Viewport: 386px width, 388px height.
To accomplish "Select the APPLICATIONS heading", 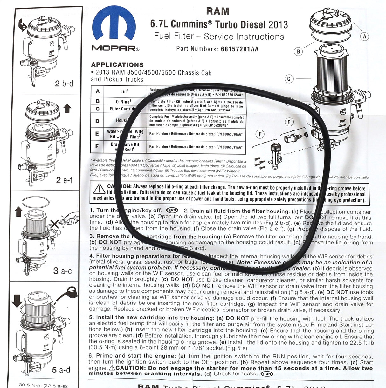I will click(117, 64).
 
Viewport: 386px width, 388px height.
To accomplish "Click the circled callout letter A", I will click(365, 37).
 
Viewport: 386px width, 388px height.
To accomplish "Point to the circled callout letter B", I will click(298, 51).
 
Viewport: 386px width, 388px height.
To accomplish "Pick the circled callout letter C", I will click(289, 79).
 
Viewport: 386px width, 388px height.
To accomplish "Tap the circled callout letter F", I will click(260, 134).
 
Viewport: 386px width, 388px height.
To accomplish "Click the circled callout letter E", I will click(289, 122).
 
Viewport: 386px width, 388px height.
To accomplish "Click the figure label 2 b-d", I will click(64, 84).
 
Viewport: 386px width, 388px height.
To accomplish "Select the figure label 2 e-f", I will click(64, 180).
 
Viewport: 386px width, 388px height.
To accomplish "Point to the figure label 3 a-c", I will click(62, 271).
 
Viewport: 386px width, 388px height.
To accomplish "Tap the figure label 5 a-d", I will click(61, 370).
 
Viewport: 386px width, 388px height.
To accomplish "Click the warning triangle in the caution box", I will click(100, 189).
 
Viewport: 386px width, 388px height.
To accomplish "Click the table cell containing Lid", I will click(124, 91).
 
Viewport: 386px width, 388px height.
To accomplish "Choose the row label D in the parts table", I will click(97, 121).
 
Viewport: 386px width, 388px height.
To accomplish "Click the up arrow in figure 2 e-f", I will click(67, 109).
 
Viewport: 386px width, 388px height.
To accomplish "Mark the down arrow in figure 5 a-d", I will click(17, 301).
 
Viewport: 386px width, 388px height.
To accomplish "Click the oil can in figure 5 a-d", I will click(68, 294).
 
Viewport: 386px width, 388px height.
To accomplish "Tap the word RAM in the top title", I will click(217, 11).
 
